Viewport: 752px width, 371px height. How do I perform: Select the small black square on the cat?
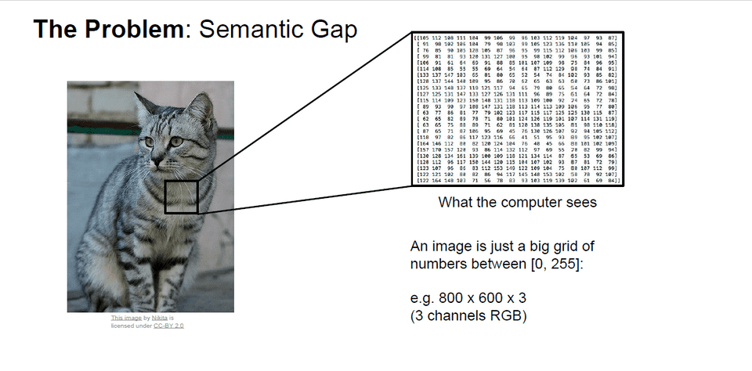182,196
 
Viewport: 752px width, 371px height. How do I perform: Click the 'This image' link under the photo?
125,319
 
